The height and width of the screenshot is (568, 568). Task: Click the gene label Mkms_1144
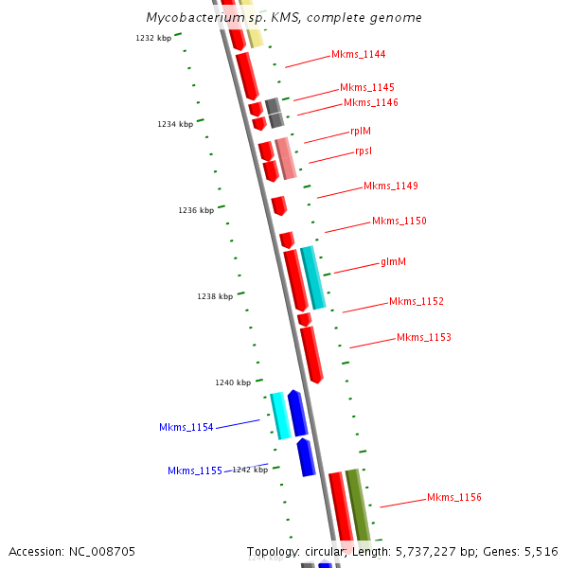(x=358, y=55)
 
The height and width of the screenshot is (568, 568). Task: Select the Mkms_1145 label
(x=367, y=87)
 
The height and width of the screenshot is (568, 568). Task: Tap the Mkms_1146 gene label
(x=370, y=102)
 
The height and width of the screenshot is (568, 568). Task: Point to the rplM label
(x=361, y=132)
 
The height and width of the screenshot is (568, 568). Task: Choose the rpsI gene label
(x=364, y=151)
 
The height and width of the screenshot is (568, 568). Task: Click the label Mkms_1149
(x=390, y=186)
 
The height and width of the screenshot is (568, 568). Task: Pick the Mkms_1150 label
(x=399, y=222)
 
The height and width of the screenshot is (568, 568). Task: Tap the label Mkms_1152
(x=416, y=302)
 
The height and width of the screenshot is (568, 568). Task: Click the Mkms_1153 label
(x=423, y=337)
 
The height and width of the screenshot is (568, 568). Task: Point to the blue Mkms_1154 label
(x=186, y=428)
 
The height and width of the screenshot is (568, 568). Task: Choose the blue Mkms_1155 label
(x=194, y=470)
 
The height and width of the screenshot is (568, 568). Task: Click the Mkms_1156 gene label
(x=453, y=497)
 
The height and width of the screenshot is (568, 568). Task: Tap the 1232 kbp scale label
(x=153, y=38)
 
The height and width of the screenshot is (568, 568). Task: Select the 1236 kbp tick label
(x=195, y=210)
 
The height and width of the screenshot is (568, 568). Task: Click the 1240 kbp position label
(x=233, y=382)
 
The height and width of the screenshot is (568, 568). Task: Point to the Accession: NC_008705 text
(x=71, y=551)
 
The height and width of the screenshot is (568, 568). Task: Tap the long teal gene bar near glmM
(x=312, y=277)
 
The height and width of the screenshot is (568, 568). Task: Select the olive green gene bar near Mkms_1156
(x=358, y=506)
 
